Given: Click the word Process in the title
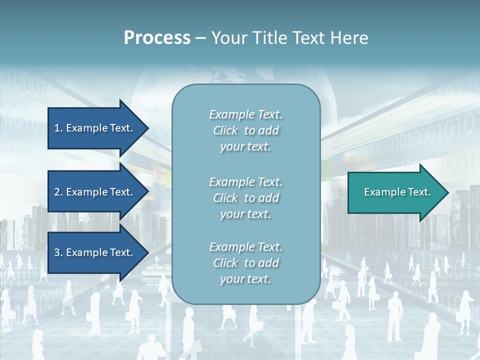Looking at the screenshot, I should tap(157, 38).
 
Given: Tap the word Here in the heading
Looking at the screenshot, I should tap(349, 38).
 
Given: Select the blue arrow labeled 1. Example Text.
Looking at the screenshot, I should tap(95, 128).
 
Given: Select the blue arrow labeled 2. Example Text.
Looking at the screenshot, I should tap(95, 192).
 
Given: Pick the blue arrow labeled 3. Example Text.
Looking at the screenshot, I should tap(95, 252).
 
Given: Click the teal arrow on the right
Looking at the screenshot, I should tap(395, 192).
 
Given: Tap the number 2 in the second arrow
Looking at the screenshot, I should tap(57, 192).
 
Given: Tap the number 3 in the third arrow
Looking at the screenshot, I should tap(57, 252).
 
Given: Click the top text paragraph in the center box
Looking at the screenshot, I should tap(245, 130).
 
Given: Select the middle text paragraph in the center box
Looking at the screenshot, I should tap(245, 198).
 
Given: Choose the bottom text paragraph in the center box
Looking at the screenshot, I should tap(245, 263).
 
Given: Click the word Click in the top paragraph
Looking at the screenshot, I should tap(225, 130).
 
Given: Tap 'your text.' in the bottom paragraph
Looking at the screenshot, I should tap(245, 279).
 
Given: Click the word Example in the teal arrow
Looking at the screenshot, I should tap(381, 192).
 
